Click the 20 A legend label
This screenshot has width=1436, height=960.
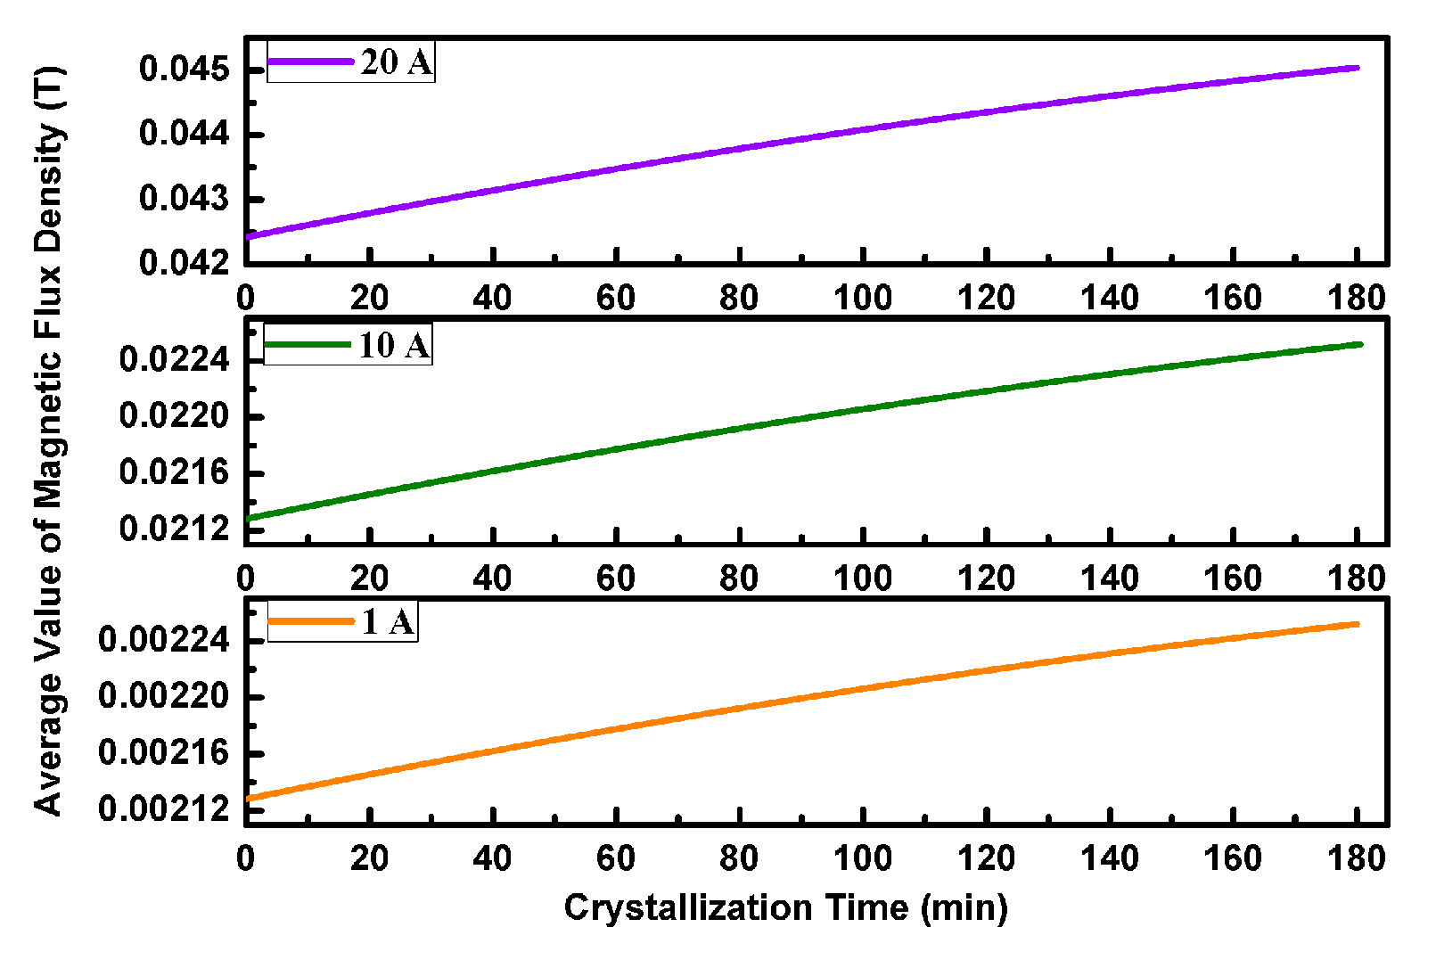(396, 62)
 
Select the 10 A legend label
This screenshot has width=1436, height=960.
(393, 345)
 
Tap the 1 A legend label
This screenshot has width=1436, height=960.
(389, 621)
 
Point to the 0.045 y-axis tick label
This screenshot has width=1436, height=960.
(185, 69)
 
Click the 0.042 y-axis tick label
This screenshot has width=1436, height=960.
(185, 263)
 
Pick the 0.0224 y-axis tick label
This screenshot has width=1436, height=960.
(175, 360)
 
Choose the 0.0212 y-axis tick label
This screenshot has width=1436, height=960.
(175, 529)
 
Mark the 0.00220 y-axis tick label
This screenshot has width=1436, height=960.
(164, 696)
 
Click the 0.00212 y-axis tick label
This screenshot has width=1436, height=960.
(164, 809)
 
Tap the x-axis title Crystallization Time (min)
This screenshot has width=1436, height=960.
(785, 907)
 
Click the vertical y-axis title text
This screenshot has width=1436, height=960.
(48, 441)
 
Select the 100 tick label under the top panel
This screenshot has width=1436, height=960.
(862, 298)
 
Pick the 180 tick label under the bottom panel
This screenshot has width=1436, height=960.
(1356, 858)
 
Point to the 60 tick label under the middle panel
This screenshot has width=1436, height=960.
(615, 578)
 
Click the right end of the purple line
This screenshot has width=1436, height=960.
(1357, 68)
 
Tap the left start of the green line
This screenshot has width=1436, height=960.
(249, 518)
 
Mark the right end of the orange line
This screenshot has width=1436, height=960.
(1357, 624)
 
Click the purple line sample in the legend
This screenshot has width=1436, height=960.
(311, 62)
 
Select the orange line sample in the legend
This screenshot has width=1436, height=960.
(311, 621)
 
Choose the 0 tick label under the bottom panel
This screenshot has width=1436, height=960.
(246, 858)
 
